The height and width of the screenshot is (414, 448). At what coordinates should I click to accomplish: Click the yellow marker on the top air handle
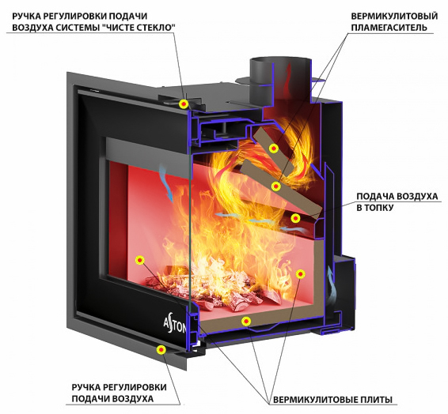184,104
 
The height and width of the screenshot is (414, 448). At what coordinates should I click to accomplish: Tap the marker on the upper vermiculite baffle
274,149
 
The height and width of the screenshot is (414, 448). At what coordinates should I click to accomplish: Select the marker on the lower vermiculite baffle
275,186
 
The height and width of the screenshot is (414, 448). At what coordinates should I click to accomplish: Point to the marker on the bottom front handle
161,349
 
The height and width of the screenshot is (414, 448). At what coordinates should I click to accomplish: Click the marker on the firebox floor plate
245,322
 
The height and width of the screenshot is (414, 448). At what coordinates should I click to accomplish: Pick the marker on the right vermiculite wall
300,274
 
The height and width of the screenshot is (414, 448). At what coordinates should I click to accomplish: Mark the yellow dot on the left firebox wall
140,260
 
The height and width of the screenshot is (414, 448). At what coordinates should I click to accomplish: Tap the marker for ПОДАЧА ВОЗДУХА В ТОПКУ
295,218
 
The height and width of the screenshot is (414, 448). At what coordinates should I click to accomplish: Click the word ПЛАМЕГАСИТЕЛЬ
389,28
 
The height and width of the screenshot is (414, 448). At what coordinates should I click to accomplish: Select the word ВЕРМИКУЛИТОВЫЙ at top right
394,16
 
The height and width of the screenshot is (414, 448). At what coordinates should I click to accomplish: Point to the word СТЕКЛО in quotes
154,28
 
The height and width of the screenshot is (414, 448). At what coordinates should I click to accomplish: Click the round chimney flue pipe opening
280,61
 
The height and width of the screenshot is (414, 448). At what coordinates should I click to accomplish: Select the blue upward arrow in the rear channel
331,285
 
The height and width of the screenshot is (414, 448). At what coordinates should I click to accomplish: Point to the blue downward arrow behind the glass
166,183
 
